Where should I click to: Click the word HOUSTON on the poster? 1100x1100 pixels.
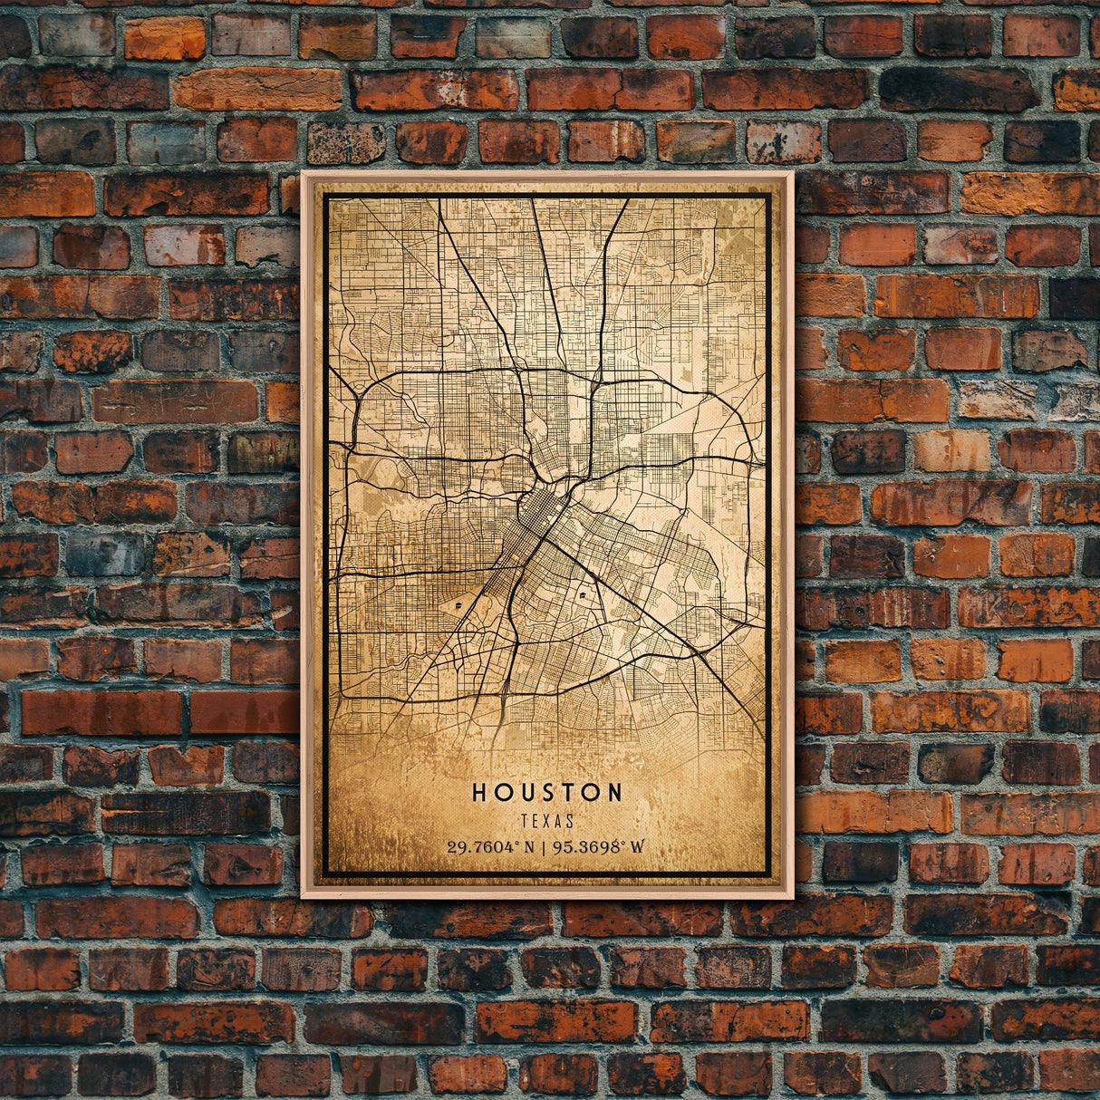coord(547,793)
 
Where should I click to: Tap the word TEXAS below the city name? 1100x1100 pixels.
coord(547,822)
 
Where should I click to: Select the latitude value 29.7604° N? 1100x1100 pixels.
coord(492,848)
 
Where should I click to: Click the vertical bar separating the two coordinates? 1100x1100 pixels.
coord(544,848)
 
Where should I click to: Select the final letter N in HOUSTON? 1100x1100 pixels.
coord(614,793)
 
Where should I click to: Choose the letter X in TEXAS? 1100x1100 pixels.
coord(547,822)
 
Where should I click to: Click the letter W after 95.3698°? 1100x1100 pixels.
coord(638,848)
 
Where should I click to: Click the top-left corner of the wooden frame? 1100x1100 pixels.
coord(303,173)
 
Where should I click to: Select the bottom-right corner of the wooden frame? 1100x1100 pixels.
coord(792,897)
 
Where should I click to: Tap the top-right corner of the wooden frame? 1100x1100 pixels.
coord(792,173)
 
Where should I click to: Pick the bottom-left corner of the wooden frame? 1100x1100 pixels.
coord(303,897)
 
